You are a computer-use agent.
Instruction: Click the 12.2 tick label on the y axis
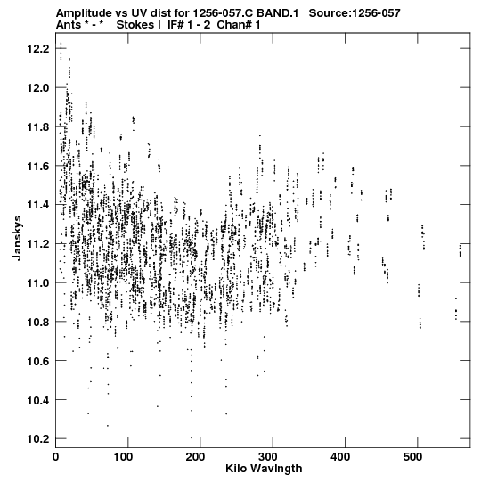[38, 49]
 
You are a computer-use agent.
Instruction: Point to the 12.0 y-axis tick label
[38, 88]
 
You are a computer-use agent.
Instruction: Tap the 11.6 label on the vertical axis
[38, 166]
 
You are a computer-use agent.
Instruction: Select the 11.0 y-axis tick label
[38, 282]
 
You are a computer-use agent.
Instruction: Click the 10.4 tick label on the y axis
[38, 400]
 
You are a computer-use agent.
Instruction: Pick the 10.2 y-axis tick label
[38, 438]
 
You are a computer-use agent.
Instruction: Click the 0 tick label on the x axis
[55, 457]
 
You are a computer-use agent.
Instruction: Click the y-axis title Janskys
[17, 238]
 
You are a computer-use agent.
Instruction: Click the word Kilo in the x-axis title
[236, 469]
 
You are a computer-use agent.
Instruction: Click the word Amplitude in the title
[84, 13]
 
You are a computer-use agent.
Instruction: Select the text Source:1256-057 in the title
[355, 13]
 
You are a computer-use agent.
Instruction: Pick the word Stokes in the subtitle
[135, 25]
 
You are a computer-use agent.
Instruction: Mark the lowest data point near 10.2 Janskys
[192, 437]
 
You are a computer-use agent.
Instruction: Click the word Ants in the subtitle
[69, 25]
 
